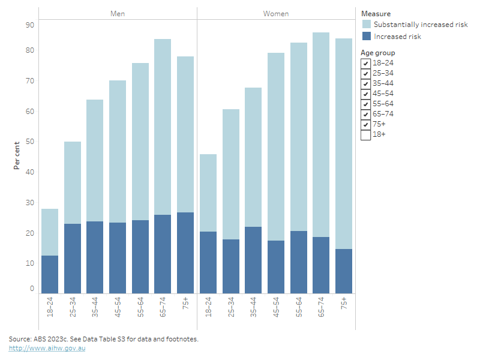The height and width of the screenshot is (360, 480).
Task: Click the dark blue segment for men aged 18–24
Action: coord(50,274)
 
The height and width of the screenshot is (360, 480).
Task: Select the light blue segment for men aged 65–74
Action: coord(163,127)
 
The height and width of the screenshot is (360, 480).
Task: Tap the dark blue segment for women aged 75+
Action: coord(344,271)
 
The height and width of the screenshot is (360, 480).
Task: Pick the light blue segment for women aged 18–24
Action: coord(208,193)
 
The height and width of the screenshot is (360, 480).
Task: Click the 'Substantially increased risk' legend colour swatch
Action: coord(366,25)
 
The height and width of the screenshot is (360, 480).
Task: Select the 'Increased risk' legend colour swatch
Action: coord(366,37)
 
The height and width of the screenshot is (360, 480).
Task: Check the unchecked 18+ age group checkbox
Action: coord(365,135)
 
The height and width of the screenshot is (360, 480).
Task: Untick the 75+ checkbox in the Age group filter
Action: coord(365,124)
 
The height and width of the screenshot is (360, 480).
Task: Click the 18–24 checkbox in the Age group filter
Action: coord(365,63)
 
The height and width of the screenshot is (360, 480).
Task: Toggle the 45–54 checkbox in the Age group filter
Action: coord(365,94)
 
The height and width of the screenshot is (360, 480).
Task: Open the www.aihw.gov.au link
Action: coord(47,348)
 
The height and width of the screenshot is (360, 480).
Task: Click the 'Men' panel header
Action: coord(118,13)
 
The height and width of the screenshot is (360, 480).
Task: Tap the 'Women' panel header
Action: coord(276,13)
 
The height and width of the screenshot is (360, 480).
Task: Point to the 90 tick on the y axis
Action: coord(29,25)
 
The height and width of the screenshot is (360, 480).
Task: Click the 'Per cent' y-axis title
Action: coord(17,156)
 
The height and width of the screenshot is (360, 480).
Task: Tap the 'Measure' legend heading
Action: coord(376,14)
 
